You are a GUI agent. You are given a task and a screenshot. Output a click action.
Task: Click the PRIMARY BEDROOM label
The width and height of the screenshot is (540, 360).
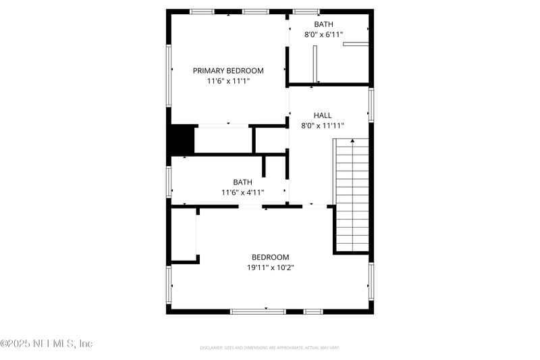pos(228,70)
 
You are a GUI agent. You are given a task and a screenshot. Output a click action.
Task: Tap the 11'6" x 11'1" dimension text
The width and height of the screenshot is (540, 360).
pos(228,81)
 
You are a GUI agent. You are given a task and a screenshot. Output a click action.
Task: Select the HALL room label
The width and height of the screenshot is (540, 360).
pos(323,115)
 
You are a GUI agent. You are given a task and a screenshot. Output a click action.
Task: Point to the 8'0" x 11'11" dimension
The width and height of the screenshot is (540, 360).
pos(323,125)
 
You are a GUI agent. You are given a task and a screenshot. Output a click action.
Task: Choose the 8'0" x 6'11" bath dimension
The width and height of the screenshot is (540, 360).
pos(323,34)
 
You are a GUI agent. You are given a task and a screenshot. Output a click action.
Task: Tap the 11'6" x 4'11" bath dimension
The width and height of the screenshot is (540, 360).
pos(242,192)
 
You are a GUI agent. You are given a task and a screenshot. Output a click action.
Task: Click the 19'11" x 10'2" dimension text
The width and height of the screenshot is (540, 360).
pos(270,267)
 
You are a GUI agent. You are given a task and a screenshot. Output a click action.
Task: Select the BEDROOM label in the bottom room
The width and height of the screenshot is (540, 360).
pos(270,257)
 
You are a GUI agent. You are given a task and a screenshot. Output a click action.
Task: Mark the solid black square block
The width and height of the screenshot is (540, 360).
pos(181,140)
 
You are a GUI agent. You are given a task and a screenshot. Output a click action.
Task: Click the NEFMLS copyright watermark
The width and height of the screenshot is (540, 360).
pos(46,343)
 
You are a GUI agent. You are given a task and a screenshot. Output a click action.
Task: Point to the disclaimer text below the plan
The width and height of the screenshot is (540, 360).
pos(269,347)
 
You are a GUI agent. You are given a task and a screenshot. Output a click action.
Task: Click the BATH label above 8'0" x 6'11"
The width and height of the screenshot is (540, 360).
pos(323,24)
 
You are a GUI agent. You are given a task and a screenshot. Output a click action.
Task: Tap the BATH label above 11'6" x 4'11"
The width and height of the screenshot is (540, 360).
pos(242,182)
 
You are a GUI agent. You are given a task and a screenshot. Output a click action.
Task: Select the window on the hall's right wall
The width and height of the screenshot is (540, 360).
pos(371,105)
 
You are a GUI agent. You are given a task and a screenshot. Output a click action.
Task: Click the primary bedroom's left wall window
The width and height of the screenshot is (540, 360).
pos(169,75)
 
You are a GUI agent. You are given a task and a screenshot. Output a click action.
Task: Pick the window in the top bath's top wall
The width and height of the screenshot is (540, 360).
pos(306,11)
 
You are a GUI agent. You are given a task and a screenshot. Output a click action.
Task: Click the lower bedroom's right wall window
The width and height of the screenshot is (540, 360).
pos(371,281)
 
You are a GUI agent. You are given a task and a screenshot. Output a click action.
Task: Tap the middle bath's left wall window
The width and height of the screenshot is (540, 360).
pos(169,181)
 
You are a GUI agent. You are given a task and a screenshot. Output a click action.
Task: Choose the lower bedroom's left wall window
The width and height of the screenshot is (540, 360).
pos(169,284)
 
